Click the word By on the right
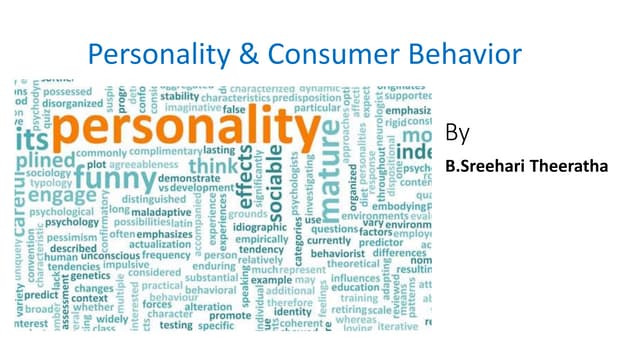(458, 133)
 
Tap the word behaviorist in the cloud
(339, 255)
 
